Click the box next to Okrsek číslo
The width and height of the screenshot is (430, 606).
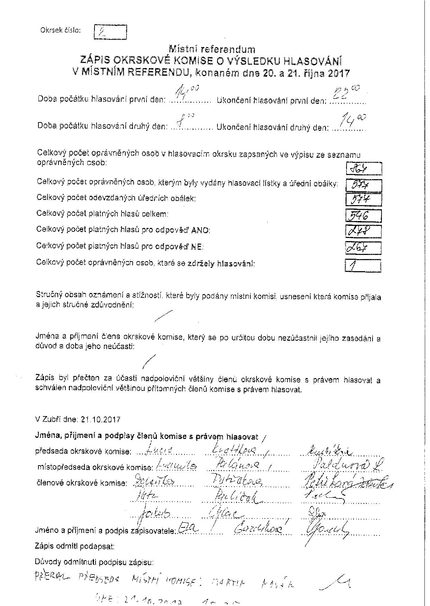tap(110, 32)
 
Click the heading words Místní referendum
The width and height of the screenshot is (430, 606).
tap(212, 49)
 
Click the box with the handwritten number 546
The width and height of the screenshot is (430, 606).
tap(364, 216)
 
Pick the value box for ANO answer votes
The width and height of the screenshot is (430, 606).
tap(364, 231)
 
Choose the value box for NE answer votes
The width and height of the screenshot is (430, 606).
tap(364, 248)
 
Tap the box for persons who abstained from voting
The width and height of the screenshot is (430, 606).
tap(363, 266)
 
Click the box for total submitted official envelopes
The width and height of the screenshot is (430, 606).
tap(364, 200)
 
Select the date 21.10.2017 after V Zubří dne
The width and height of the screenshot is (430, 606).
tap(100, 420)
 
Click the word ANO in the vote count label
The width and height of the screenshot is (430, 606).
tap(202, 230)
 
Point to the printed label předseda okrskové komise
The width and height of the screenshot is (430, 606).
tap(83, 451)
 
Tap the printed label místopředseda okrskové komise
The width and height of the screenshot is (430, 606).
tap(95, 467)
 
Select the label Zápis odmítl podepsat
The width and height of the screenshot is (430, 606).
tap(74, 547)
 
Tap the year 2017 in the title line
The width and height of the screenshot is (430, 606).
tap(339, 74)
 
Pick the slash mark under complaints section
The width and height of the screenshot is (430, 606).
tap(163, 316)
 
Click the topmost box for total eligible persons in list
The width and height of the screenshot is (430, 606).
tap(364, 169)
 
